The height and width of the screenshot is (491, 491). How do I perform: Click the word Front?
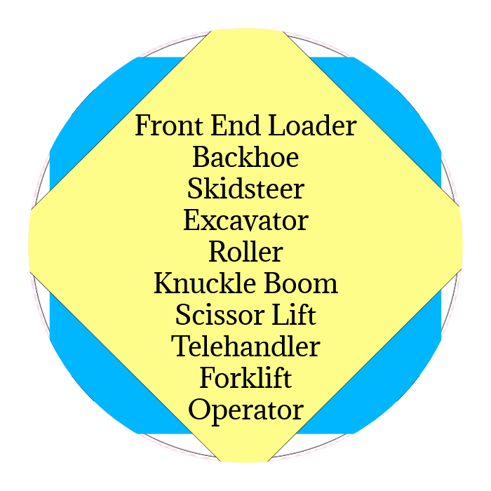[x=164, y=126]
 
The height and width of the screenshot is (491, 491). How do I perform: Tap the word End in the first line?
[x=224, y=126]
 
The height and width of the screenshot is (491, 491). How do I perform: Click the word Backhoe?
[x=245, y=157]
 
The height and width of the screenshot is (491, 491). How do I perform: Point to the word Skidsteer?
[x=245, y=189]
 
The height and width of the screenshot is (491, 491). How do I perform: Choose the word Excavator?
[x=245, y=220]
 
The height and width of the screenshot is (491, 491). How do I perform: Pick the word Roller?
[x=245, y=251]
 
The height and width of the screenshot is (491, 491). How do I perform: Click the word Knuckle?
[x=196, y=283]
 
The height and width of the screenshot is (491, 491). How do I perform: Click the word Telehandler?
[x=245, y=347]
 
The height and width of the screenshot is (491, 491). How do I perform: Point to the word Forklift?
[x=245, y=378]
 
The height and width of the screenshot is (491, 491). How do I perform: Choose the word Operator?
[x=245, y=410]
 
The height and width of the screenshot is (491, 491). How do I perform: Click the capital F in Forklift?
[x=206, y=378]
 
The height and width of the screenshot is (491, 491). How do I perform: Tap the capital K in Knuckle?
[x=163, y=283]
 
